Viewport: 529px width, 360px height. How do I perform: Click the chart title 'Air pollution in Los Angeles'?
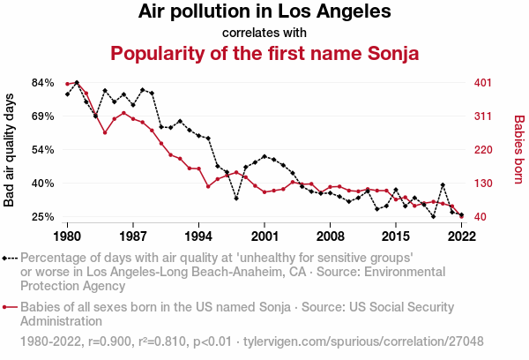pos(264,12)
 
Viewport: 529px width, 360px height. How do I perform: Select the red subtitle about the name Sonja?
pos(264,53)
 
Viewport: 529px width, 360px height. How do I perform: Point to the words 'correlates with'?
pos(264,32)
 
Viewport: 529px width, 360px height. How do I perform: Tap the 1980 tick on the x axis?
pos(67,236)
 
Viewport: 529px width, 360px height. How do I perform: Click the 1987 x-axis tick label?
pos(133,236)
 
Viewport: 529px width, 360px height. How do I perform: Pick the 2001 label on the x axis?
pos(264,236)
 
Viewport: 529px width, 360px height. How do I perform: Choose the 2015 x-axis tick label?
pos(396,236)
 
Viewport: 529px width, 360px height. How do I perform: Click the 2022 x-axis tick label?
pos(461,236)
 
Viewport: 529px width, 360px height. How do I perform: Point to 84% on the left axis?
pos(43,83)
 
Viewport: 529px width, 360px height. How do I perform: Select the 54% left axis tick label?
pos(43,150)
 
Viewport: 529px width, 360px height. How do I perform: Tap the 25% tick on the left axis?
pos(43,217)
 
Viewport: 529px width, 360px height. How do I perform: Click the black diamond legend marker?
pos(8,259)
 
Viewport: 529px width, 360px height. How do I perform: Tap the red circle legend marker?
pos(8,308)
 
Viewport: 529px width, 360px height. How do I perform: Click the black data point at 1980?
pos(67,94)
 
